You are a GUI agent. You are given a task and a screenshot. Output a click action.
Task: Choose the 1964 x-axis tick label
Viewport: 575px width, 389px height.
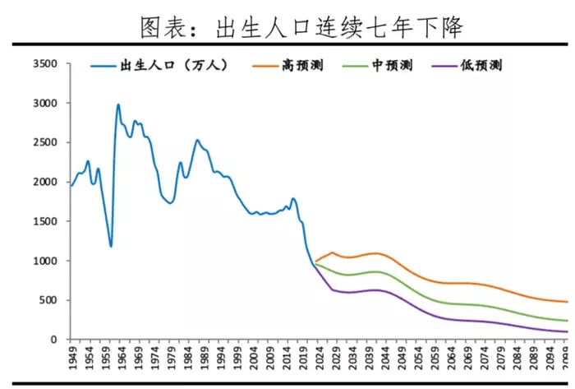(117, 359)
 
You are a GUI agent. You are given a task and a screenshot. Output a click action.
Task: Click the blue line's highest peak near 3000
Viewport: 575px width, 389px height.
(118, 104)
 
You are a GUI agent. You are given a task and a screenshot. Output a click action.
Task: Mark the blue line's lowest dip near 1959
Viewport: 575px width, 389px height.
(110, 247)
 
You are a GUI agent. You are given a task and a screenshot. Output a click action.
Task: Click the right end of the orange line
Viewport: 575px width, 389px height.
(567, 302)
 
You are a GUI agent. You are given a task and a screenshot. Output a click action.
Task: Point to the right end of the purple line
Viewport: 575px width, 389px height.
(567, 331)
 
